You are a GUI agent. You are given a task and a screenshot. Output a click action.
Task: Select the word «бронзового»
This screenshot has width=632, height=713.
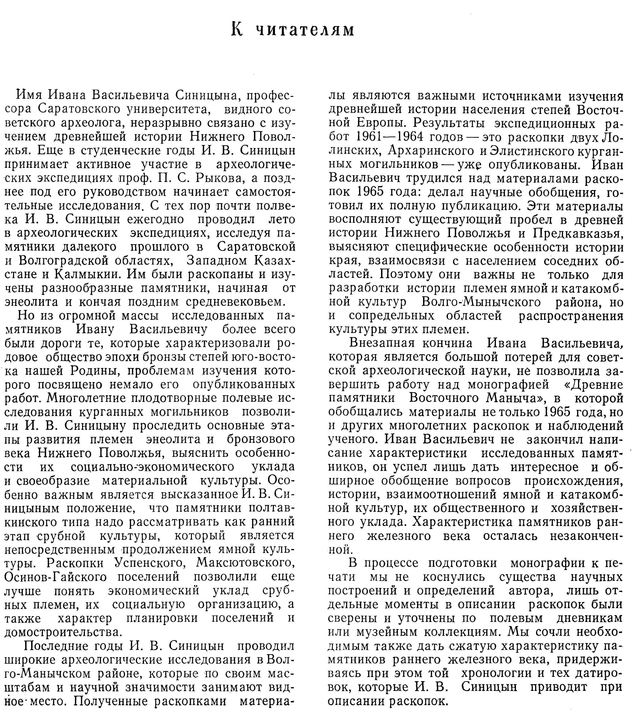[x=261, y=439]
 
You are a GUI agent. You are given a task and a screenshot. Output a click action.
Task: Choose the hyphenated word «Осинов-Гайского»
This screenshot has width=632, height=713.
[x=56, y=577]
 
